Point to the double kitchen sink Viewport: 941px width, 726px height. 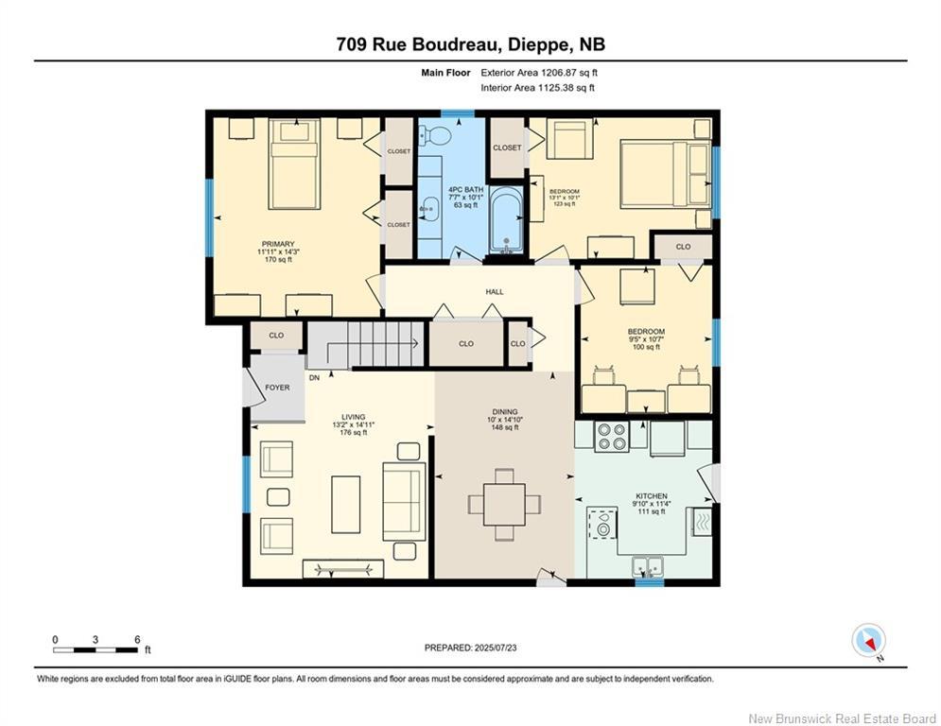(649, 567)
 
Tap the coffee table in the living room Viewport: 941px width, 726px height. (345, 503)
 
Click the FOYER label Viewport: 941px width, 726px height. (276, 388)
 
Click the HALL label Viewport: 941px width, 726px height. (495, 292)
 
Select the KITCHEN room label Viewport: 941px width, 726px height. (652, 496)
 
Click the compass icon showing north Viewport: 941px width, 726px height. (867, 640)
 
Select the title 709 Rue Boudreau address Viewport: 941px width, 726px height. (470, 44)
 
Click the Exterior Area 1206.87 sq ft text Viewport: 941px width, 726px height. (539, 72)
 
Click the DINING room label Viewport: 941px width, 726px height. (505, 412)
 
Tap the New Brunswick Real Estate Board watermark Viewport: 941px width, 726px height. (842, 717)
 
